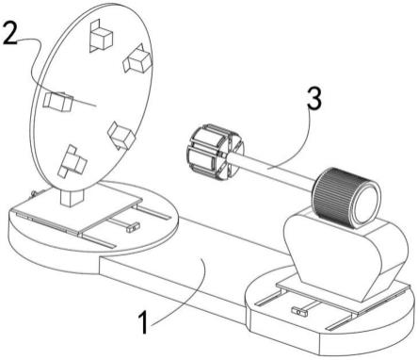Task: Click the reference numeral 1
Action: (x=143, y=322)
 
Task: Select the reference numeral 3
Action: (x=314, y=98)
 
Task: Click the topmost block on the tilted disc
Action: (x=101, y=36)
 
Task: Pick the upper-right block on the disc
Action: (x=137, y=58)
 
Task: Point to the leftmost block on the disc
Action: (x=58, y=102)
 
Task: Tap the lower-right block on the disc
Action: (x=121, y=136)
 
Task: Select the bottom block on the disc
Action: (x=72, y=161)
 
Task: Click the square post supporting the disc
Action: (x=72, y=197)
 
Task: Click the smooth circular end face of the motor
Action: (x=366, y=205)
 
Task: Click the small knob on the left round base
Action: (x=133, y=227)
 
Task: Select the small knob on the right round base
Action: (x=299, y=312)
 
